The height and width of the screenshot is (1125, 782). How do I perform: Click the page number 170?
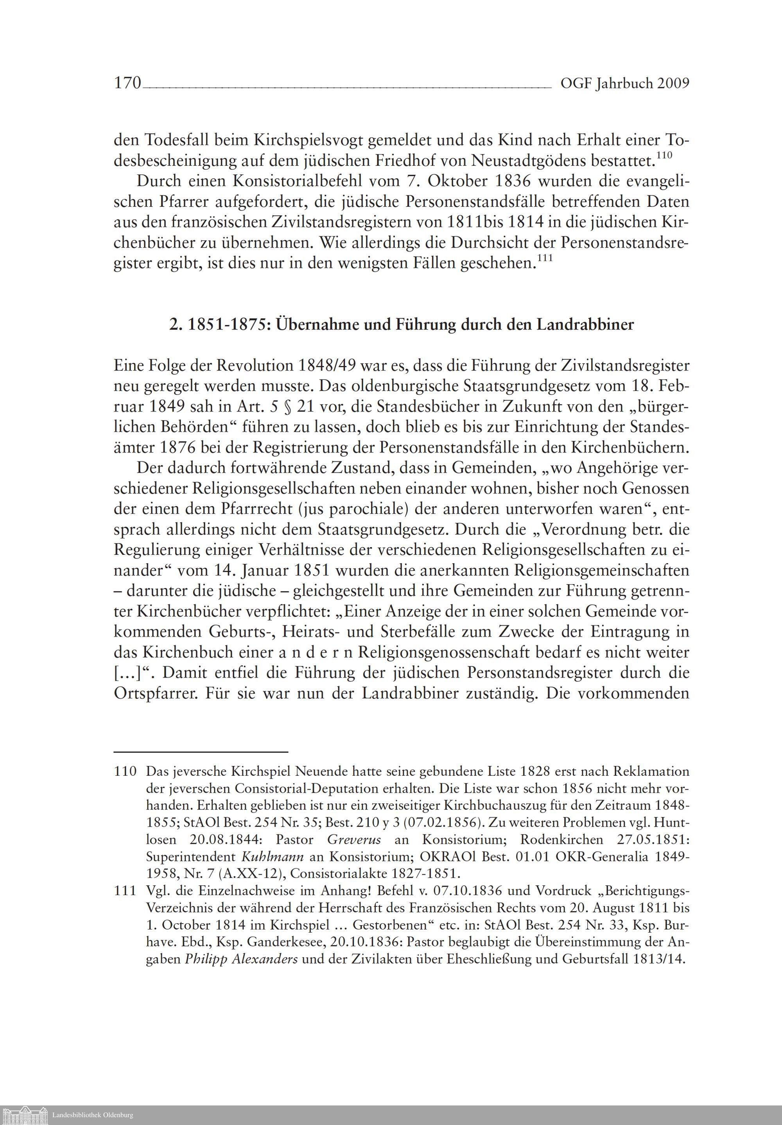pos(127,83)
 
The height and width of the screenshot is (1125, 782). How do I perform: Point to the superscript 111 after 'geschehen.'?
pos(545,259)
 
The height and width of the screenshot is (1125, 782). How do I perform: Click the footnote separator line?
pos(201,751)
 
